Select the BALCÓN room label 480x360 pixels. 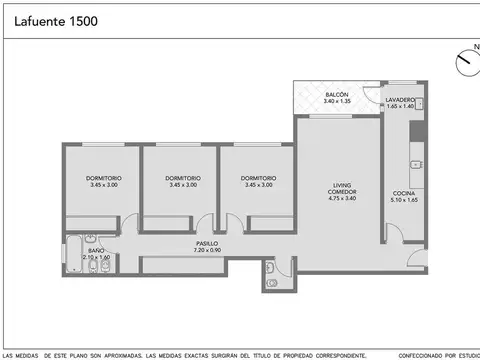(335, 95)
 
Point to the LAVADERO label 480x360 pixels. (406, 100)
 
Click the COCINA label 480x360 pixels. (404, 192)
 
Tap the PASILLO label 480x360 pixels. (207, 243)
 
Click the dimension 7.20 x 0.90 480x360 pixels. (207, 250)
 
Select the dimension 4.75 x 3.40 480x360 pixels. (343, 198)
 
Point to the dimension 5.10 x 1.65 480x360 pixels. (404, 199)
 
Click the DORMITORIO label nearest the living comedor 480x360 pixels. (258, 178)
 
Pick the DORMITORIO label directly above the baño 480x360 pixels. (103, 178)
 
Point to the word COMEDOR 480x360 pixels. (343, 191)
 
